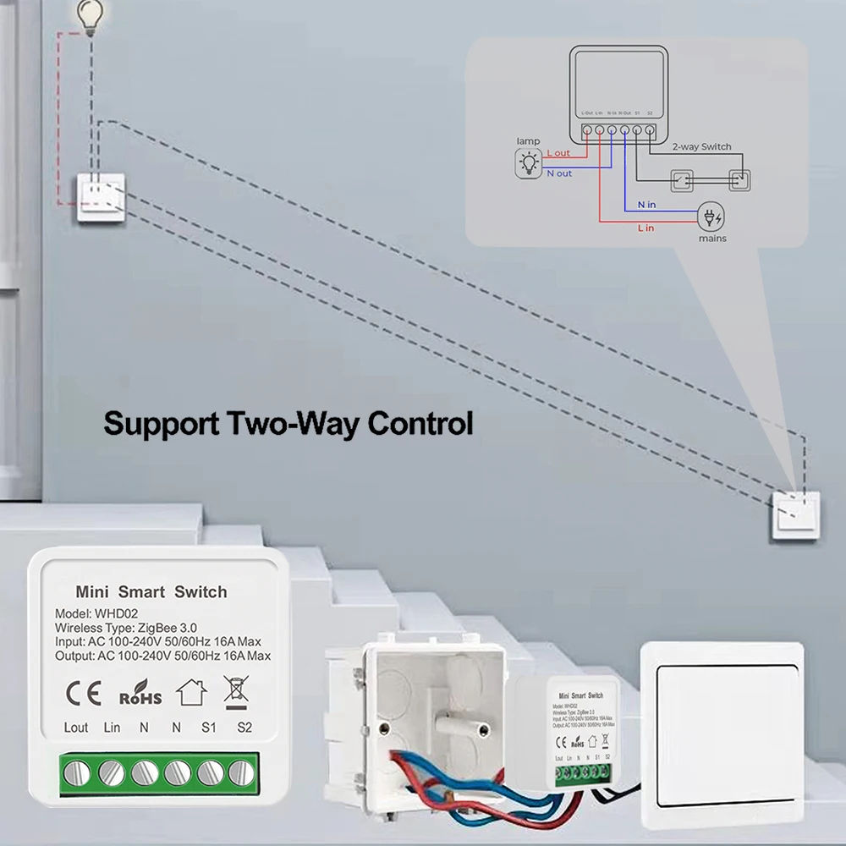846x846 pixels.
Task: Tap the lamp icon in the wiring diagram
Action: click(530, 162)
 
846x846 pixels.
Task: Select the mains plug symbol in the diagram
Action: click(711, 217)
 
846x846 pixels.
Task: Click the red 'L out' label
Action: click(558, 153)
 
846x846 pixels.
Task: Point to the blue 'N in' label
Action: click(646, 205)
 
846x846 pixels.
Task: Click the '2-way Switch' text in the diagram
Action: click(701, 146)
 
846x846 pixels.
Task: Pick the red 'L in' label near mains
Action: click(645, 228)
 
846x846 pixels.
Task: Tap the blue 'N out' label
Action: click(559, 173)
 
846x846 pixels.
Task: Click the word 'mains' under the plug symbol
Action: click(712, 239)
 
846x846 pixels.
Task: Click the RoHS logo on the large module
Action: click(140, 694)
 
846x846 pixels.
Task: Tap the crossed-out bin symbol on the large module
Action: click(236, 692)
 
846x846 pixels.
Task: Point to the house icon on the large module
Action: click(191, 693)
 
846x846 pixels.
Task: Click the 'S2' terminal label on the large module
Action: click(245, 728)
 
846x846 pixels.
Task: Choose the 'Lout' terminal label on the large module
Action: click(76, 728)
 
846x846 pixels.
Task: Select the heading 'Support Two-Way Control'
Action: click(288, 423)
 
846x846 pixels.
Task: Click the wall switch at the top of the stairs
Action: click(101, 197)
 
